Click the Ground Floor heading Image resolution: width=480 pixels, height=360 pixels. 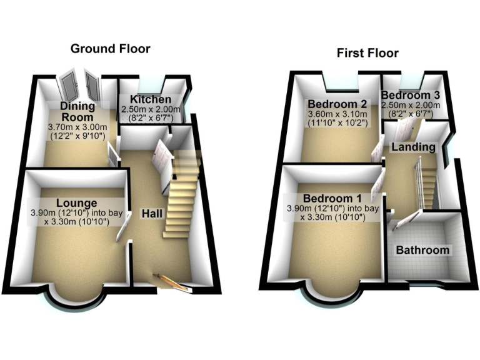110,48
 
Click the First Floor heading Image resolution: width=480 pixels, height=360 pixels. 367,52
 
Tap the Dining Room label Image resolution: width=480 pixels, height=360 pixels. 77,111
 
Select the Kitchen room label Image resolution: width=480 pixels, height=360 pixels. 151,100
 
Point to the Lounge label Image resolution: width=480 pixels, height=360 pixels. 76,202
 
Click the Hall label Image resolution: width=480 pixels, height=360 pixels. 152,214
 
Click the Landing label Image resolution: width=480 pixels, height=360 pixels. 413,147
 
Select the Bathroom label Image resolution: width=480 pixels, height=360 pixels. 423,250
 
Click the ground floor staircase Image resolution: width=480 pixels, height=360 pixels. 181,194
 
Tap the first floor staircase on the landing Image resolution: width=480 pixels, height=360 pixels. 427,181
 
